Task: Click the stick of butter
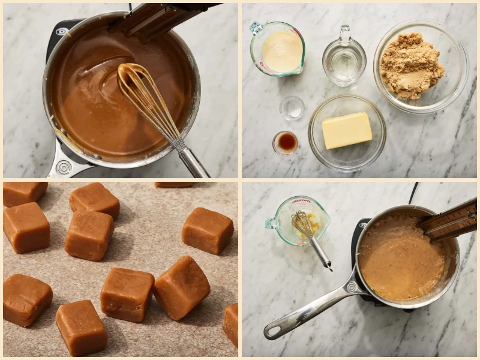coord(347,130)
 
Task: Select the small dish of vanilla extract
coord(286,143)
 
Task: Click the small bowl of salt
coord(292,108)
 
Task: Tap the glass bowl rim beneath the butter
coord(347,164)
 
